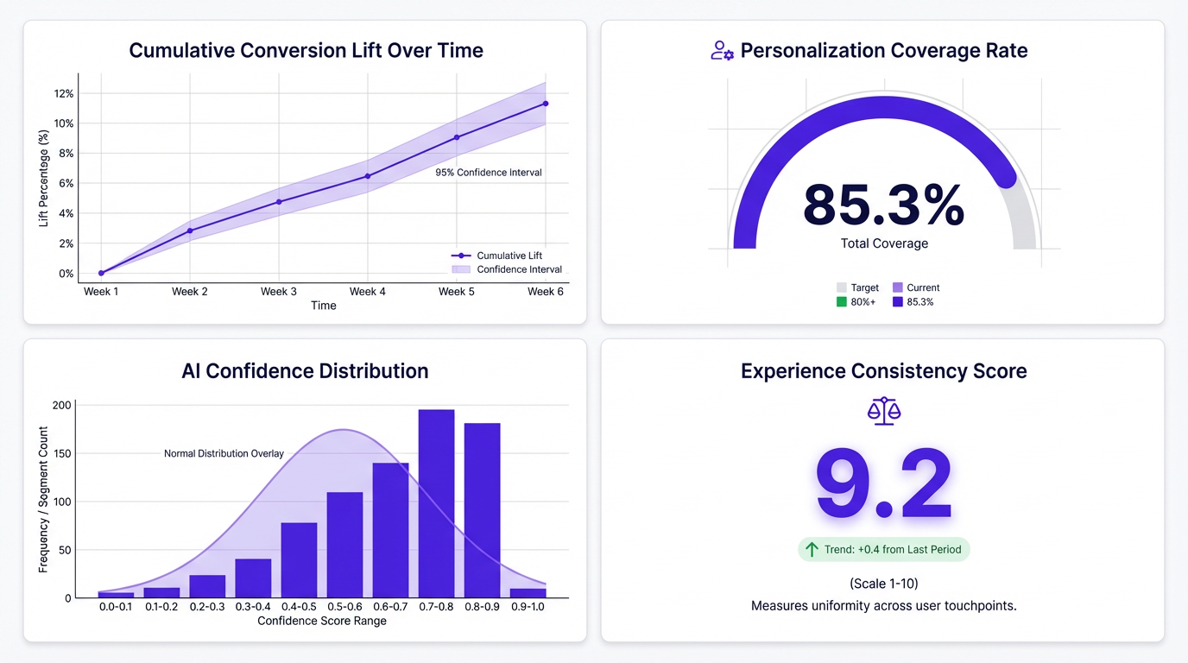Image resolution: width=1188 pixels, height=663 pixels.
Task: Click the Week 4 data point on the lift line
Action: [x=368, y=176]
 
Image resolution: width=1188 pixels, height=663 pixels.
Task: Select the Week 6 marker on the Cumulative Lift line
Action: [x=546, y=104]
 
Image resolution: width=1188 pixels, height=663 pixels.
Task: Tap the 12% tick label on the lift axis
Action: [x=64, y=93]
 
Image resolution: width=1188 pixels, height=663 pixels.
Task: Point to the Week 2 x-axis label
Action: [x=190, y=292]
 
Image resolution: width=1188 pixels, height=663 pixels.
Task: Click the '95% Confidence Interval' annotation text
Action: [x=489, y=173]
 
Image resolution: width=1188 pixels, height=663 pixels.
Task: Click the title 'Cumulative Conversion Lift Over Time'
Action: [x=306, y=50]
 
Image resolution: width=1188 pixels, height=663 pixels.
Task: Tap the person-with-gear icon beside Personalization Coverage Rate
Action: [x=722, y=51]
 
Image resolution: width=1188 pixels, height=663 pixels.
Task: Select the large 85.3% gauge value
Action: [x=883, y=205]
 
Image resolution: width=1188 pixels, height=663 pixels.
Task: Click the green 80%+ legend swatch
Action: [x=842, y=302]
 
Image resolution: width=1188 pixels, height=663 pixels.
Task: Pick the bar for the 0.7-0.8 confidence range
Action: [x=436, y=503]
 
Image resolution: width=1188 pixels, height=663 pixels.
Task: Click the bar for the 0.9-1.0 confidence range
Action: [x=528, y=593]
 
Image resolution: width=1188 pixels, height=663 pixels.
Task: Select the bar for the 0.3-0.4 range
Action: [x=253, y=578]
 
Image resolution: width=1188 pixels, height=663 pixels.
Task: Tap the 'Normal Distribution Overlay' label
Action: [x=224, y=453]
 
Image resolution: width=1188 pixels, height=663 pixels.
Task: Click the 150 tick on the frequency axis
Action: [x=61, y=453]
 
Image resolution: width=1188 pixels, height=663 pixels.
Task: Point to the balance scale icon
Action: [x=883, y=412]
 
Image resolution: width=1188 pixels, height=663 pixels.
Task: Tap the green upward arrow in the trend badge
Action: [x=812, y=549]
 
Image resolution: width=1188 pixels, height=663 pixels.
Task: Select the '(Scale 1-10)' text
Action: [x=883, y=584]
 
